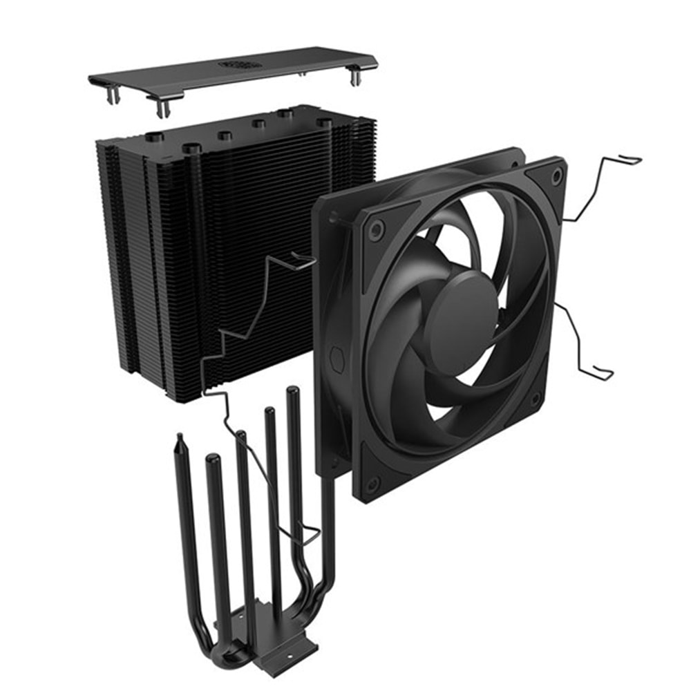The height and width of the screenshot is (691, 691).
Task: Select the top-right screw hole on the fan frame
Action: tap(556, 177)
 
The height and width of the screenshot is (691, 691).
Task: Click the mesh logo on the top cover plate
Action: tap(240, 64)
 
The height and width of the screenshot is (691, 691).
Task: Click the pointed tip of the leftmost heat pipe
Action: tap(180, 439)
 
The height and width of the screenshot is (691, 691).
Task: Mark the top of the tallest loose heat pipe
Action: tap(293, 392)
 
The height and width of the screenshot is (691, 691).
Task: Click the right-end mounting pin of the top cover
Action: tap(355, 75)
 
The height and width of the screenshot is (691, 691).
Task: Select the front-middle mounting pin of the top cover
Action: tap(163, 107)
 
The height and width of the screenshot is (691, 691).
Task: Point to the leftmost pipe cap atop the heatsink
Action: tap(155, 137)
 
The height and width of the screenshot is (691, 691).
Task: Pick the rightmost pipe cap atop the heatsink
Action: tap(323, 122)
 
